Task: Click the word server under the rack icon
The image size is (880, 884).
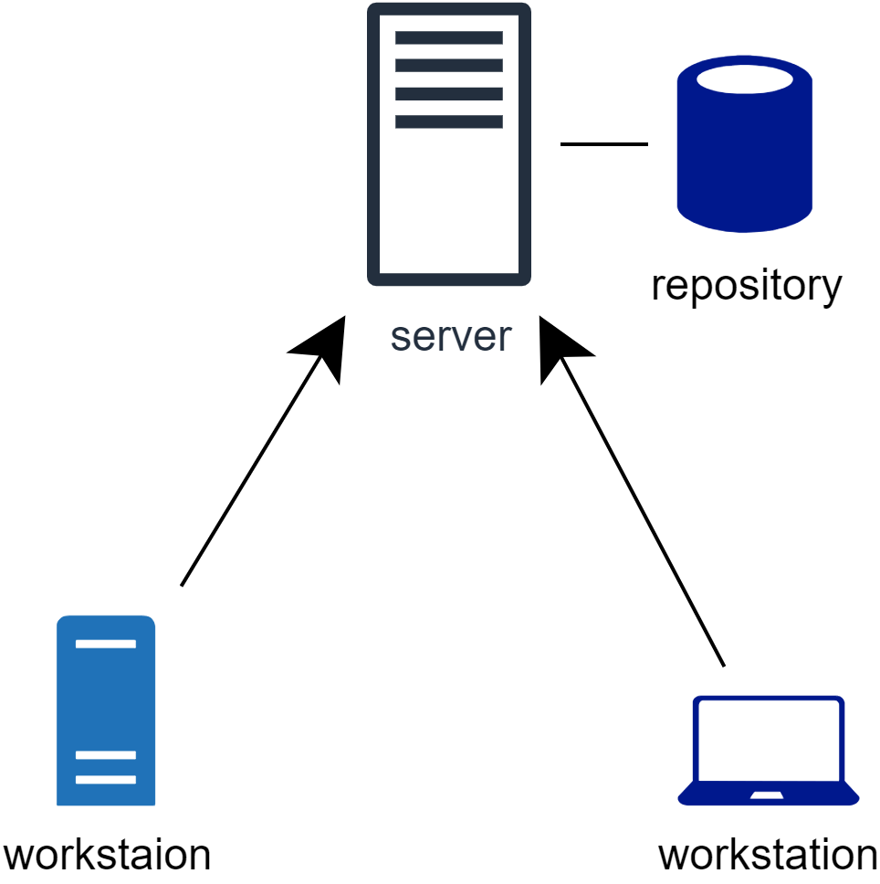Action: tap(450, 337)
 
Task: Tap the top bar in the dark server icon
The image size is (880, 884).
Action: tap(448, 37)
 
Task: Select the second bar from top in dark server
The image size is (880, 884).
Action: tap(448, 66)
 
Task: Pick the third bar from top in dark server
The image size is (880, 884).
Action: tap(448, 93)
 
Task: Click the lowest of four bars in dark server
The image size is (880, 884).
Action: tap(448, 121)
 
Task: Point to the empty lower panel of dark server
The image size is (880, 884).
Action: tap(448, 205)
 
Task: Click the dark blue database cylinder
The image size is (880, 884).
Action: tap(744, 155)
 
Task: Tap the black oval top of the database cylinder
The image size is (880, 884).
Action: tap(744, 79)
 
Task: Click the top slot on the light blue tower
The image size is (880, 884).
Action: tap(106, 644)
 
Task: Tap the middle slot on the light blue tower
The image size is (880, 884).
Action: tap(106, 755)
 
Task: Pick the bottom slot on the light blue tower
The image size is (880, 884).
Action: tap(106, 780)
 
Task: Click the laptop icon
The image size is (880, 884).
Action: tap(768, 751)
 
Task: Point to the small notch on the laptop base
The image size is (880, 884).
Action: tap(767, 795)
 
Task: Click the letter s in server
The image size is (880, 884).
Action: tap(400, 339)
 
